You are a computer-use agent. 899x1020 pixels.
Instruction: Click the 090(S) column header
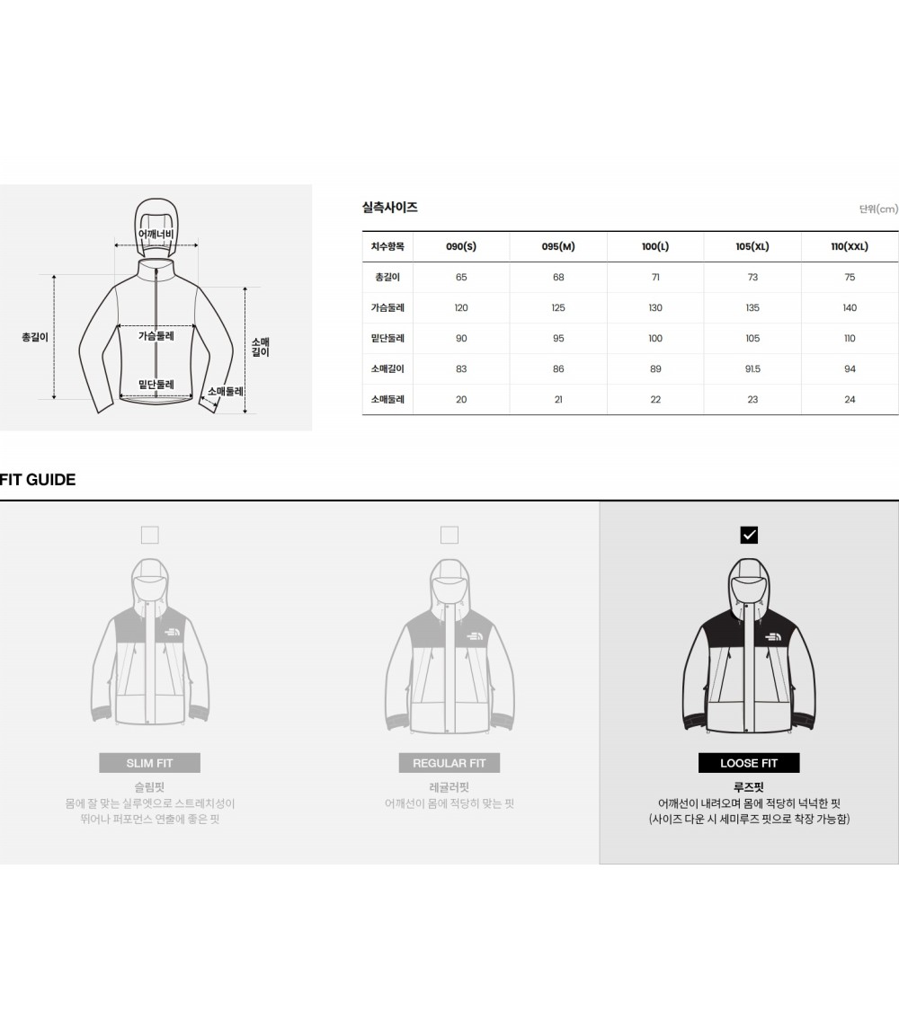[461, 246]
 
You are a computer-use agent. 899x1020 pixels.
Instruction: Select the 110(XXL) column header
[850, 246]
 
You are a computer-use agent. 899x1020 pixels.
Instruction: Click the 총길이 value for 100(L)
[655, 277]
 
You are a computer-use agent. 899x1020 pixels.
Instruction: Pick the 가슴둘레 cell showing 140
[850, 307]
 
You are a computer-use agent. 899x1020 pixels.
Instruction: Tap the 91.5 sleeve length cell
[752, 368]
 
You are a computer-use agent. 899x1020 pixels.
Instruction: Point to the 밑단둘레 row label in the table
[387, 338]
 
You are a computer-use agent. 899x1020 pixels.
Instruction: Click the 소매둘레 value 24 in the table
[850, 399]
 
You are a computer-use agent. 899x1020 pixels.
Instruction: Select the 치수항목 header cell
[387, 246]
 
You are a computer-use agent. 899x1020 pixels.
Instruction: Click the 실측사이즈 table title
[390, 208]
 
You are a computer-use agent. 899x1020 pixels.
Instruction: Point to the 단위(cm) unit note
[878, 208]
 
